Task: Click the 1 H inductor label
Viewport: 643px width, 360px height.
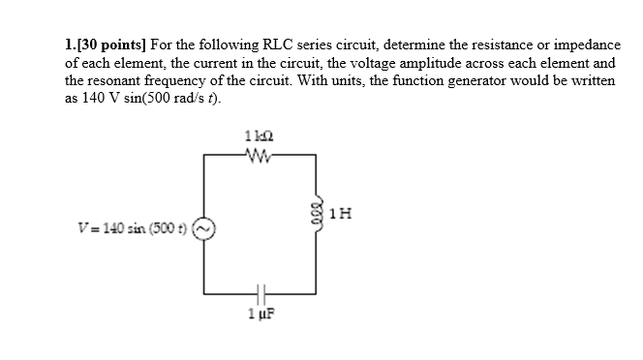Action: click(x=338, y=213)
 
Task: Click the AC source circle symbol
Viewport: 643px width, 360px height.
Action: click(x=204, y=229)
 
